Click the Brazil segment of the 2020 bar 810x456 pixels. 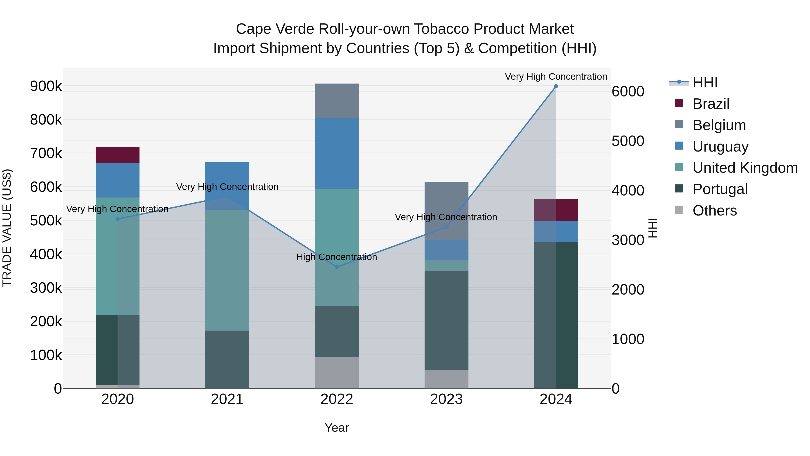pyautogui.click(x=117, y=155)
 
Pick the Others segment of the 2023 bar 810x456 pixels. pyautogui.click(x=446, y=379)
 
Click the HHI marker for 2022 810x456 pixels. pyautogui.click(x=337, y=267)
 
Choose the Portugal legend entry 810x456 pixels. pyautogui.click(x=720, y=189)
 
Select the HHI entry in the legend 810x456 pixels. pyautogui.click(x=705, y=82)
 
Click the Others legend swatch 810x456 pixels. pyautogui.click(x=679, y=210)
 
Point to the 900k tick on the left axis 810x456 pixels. pyautogui.click(x=46, y=86)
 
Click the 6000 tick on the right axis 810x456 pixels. pyautogui.click(x=628, y=92)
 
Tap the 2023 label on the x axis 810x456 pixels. pyautogui.click(x=446, y=399)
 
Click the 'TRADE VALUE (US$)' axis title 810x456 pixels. pyautogui.click(x=7, y=228)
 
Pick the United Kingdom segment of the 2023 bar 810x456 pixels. pyautogui.click(x=446, y=265)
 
